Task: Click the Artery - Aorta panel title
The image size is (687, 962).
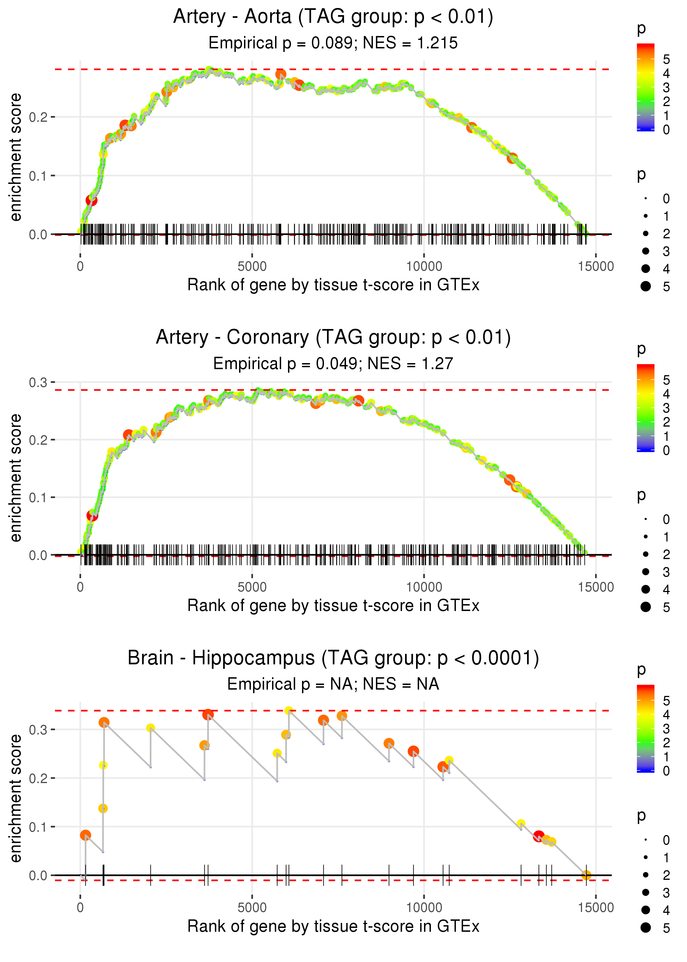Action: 333,17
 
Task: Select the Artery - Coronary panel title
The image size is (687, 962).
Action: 333,338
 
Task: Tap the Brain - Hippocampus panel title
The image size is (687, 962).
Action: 333,658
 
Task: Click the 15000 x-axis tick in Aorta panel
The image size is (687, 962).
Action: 595,267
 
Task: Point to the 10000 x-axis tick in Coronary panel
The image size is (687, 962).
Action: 424,587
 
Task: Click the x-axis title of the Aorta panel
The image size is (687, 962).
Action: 333,285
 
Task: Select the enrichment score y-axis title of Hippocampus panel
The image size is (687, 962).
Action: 16,798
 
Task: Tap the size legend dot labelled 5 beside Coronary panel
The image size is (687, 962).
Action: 646,607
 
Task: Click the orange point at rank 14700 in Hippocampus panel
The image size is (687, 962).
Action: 586,875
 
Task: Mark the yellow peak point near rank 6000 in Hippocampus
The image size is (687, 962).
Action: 289,711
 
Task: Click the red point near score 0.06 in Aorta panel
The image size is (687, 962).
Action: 92,200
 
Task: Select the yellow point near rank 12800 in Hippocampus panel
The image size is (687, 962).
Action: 521,824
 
